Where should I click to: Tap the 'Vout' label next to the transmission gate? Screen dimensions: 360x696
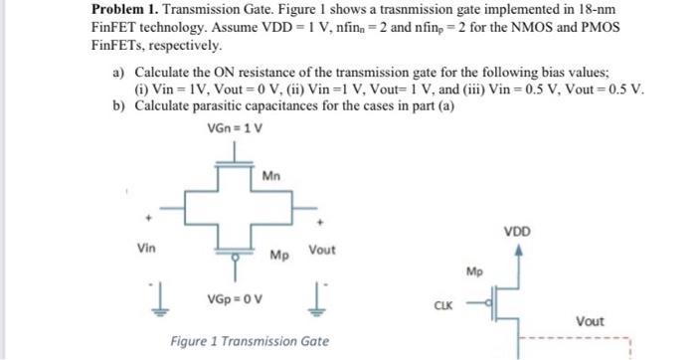click(322, 250)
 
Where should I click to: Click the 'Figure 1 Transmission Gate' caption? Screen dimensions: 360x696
click(250, 341)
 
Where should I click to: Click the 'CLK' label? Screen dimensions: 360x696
click(444, 306)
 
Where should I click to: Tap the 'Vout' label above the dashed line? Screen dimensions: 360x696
click(591, 320)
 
